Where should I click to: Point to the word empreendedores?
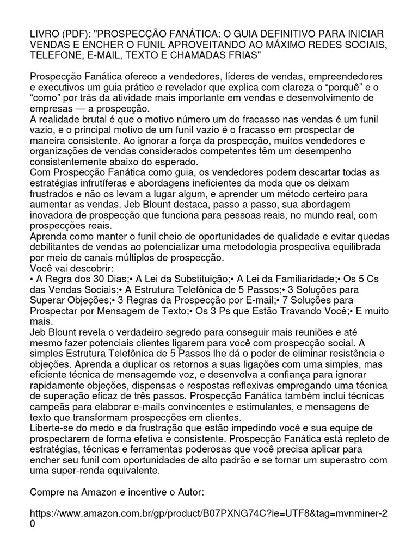click(333, 77)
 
